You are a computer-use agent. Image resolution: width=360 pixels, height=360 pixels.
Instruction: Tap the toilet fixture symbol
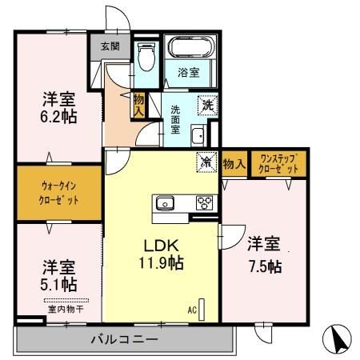coord(146,57)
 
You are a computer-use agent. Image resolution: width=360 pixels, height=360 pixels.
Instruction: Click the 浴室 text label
coord(188,72)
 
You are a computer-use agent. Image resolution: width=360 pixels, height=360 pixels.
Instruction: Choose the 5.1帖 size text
coord(59,284)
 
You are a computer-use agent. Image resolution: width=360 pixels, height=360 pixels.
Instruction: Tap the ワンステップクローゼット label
coord(277,164)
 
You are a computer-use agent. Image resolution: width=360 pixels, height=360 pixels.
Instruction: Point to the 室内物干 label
coord(59,306)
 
